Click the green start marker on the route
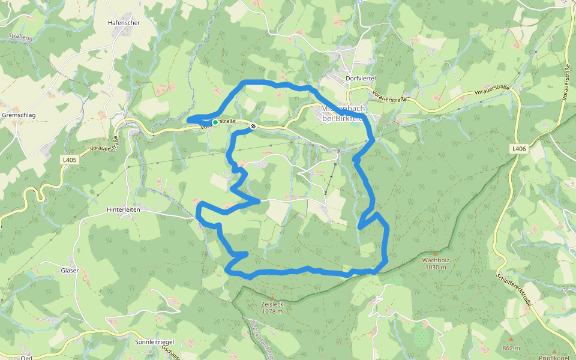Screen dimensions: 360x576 click(x=215, y=122)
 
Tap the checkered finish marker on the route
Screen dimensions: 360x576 click(x=254, y=126)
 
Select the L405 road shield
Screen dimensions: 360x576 click(x=70, y=160)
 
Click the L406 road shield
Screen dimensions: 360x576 click(x=519, y=149)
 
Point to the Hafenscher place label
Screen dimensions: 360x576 click(x=124, y=22)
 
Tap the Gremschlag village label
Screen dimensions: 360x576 click(x=19, y=115)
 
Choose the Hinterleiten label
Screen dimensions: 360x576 click(x=123, y=209)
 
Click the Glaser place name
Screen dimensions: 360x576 click(x=70, y=271)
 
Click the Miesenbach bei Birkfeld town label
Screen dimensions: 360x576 click(x=343, y=113)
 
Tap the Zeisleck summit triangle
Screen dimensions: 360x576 click(x=271, y=298)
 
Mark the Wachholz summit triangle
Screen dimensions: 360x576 click(x=435, y=253)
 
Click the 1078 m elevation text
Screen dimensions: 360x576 click(x=272, y=311)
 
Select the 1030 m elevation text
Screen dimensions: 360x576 click(x=436, y=268)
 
